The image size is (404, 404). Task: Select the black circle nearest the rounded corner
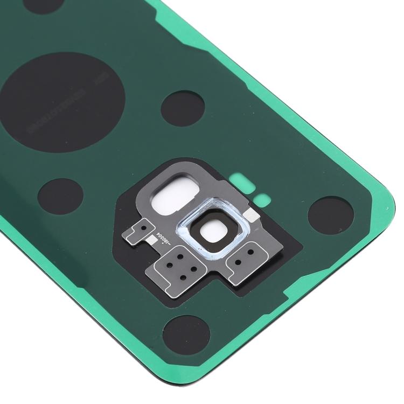click(x=330, y=212)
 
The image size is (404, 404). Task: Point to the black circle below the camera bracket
click(x=186, y=331)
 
